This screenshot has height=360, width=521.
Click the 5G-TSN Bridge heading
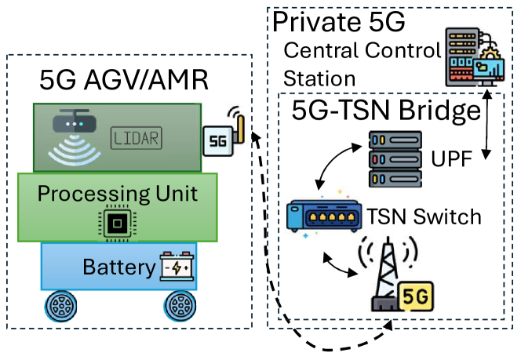385,111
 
